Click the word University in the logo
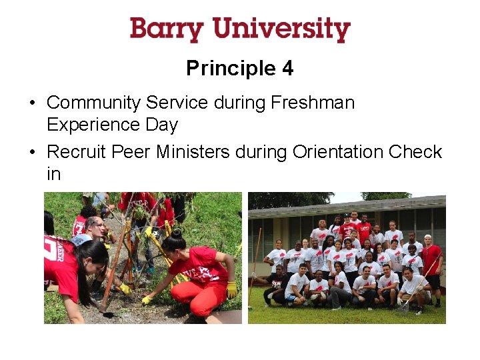[281, 30]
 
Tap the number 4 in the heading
[287, 68]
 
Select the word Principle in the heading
[230, 68]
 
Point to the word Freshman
[313, 103]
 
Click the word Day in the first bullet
[165, 125]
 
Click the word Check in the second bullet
[415, 152]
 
